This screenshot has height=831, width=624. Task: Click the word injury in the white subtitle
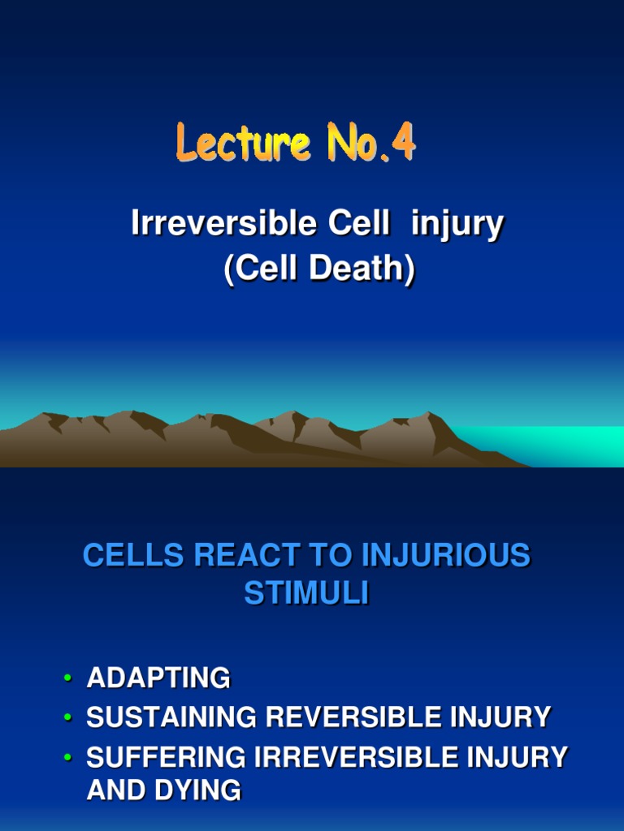457,225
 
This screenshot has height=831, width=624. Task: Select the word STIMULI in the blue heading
306,594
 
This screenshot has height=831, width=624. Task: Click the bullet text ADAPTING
158,678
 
